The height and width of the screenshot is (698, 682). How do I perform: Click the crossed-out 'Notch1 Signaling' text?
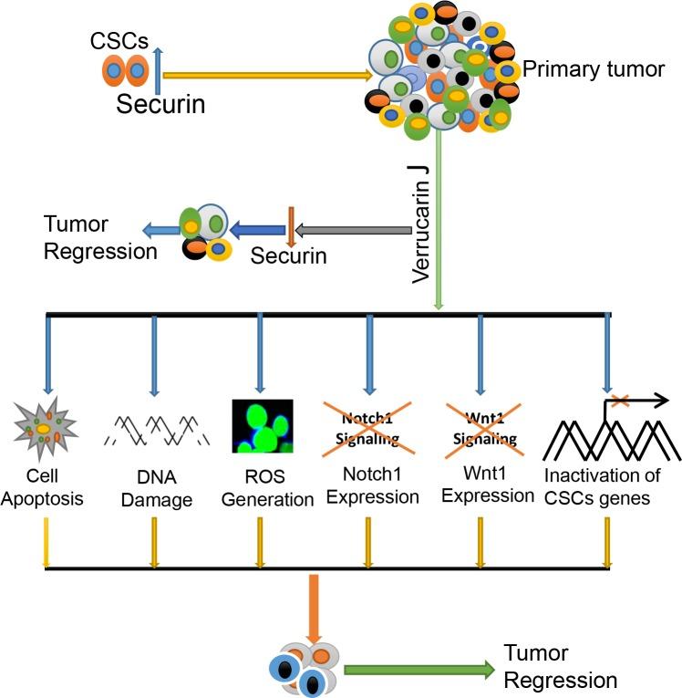(368, 428)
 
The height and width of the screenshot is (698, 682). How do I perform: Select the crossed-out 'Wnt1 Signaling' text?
(480, 428)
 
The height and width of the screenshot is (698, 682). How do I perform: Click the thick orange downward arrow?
(314, 608)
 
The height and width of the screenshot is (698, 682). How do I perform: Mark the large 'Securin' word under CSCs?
(160, 104)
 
